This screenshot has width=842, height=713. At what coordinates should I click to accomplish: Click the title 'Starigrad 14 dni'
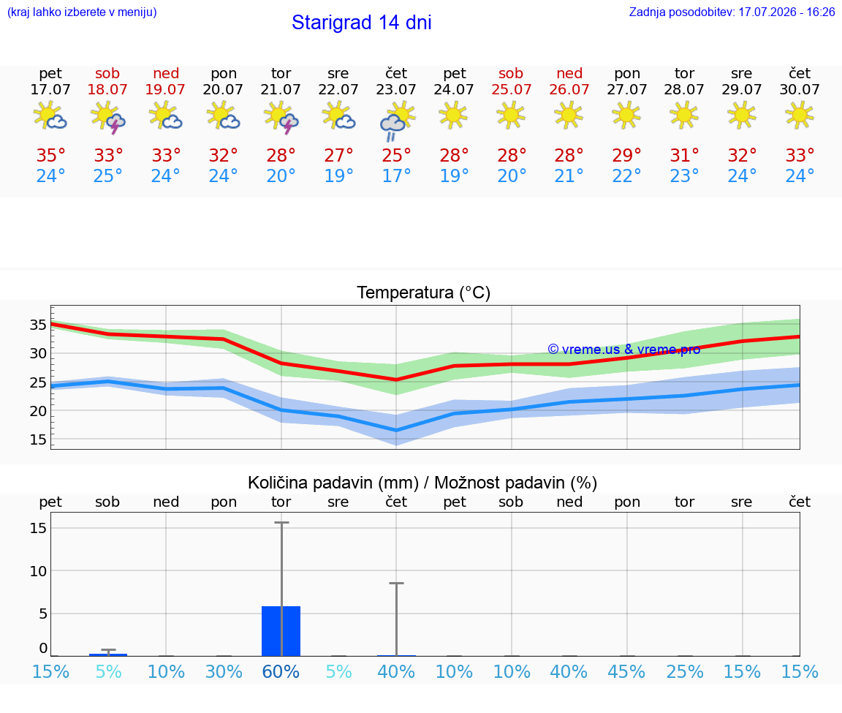tap(361, 23)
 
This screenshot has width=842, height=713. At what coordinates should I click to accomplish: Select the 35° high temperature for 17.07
tap(50, 155)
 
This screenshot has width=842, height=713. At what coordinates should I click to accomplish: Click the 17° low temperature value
tap(396, 176)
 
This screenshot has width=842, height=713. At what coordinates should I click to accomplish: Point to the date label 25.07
tap(511, 89)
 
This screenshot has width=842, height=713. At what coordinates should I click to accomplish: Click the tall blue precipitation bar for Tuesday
tap(281, 631)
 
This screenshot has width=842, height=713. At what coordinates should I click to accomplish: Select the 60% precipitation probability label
tap(281, 671)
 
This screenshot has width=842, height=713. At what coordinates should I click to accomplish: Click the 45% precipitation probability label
tap(626, 671)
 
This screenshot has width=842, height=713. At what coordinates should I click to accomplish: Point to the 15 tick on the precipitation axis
tap(38, 528)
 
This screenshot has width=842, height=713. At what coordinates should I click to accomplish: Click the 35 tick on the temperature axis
tap(38, 325)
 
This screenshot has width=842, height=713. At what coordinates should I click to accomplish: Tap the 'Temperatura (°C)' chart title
tap(424, 293)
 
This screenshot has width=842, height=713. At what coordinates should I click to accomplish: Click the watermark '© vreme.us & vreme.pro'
tap(624, 350)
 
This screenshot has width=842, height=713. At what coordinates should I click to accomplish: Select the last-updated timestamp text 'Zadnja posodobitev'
tap(681, 12)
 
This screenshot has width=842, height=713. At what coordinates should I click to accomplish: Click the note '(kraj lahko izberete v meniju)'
tap(82, 12)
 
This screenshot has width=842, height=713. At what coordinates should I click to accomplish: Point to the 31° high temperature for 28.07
tap(684, 155)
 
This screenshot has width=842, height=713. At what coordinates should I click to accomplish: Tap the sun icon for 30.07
tap(799, 115)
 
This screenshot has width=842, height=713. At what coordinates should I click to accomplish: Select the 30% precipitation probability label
tap(224, 671)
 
